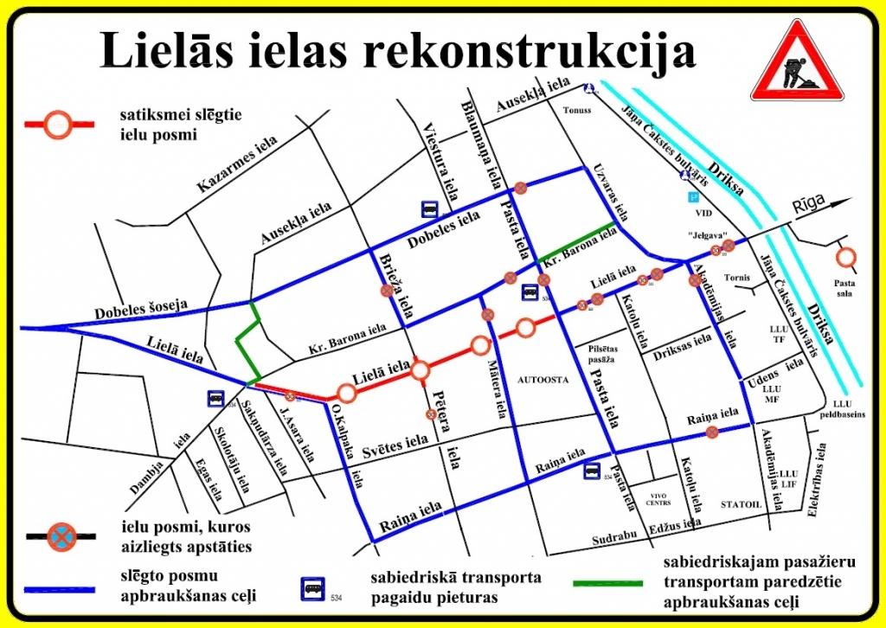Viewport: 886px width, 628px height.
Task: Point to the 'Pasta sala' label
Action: click(843, 288)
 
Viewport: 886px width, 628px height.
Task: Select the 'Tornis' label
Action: click(738, 278)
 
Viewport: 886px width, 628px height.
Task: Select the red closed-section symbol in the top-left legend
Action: click(58, 125)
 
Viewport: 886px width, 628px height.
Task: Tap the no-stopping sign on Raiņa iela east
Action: click(712, 432)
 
